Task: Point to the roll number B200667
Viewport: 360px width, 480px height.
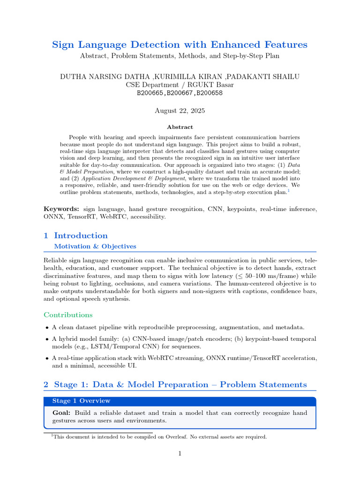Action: coord(180,93)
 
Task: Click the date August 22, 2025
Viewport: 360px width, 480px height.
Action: coord(180,111)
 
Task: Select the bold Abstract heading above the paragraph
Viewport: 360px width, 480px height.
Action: coord(180,127)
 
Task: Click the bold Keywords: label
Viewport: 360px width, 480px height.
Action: coord(61,208)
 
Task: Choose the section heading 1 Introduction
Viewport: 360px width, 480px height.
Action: coord(75,236)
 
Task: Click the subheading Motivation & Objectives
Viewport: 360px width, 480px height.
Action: coord(95,246)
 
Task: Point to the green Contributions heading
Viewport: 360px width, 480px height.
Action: coord(68,315)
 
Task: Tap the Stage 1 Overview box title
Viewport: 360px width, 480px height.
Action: coord(81,401)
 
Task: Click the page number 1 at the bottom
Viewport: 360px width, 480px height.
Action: coord(180,453)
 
